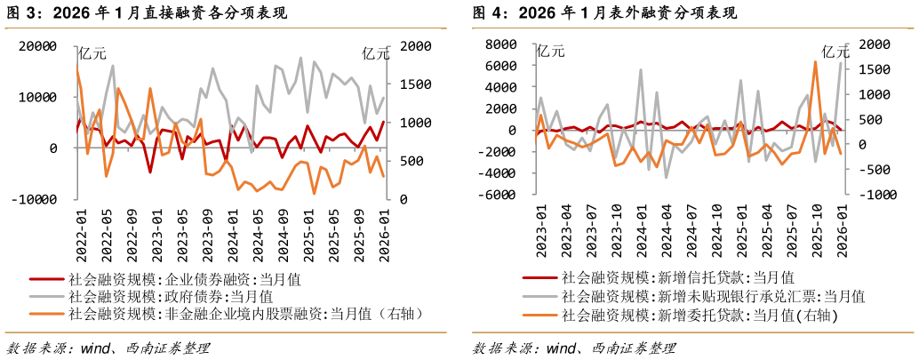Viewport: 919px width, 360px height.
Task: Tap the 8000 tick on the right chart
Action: [499, 44]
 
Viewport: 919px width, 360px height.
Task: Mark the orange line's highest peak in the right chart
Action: [815, 61]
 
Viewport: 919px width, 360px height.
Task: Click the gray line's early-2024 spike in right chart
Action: [641, 69]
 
